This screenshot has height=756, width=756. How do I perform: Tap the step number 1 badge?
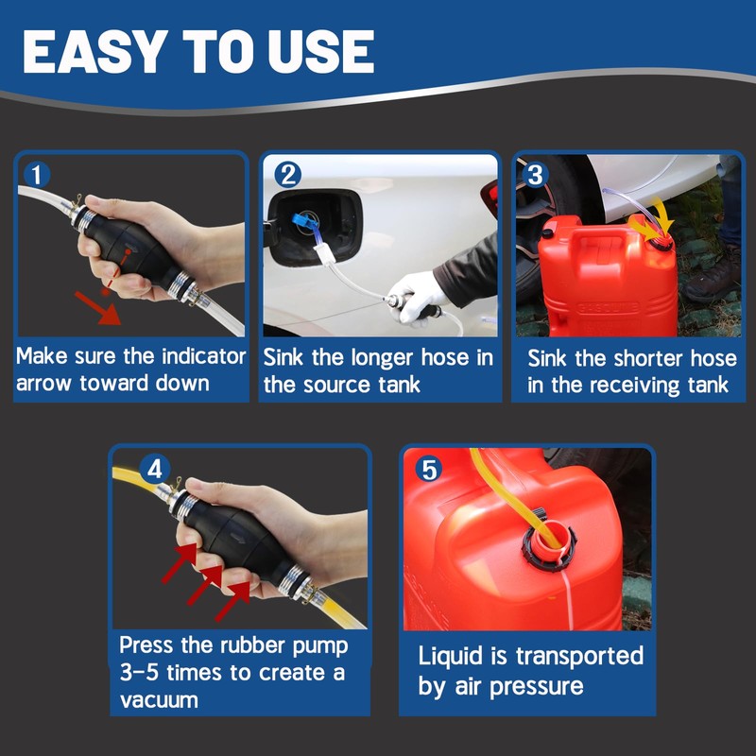coord(37,175)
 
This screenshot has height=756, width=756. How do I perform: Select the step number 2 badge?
coord(288,175)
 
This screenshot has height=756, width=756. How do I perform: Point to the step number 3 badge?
coord(535,175)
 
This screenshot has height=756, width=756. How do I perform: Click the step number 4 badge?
coord(154,468)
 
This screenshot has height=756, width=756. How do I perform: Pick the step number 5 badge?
coord(429,469)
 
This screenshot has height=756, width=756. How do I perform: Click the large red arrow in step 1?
coord(98,308)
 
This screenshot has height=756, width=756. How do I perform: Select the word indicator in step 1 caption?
coord(203,356)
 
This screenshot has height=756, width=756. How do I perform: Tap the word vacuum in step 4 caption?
coord(159,700)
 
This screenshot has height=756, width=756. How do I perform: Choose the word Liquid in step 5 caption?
coord(451,657)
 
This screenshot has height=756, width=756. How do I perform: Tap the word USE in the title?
coord(320,51)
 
